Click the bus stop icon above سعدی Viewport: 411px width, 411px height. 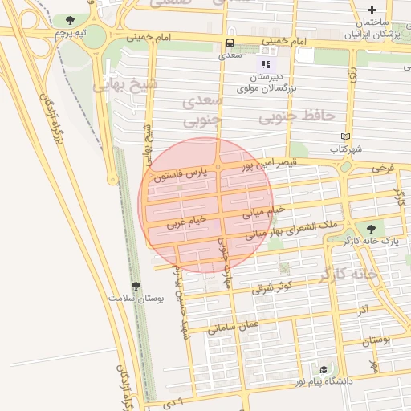coord(230,43)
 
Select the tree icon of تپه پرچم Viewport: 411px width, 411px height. coord(71,20)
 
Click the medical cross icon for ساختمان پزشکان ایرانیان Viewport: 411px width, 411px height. coord(372,9)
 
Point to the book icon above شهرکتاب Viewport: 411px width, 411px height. coord(346,136)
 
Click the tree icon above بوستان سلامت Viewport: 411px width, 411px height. coord(135,286)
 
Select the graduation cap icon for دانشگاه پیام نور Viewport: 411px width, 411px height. coord(324,369)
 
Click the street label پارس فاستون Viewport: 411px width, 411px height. coord(185,173)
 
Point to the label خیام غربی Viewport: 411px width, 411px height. coord(186,222)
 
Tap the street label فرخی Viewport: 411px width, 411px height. coord(383,169)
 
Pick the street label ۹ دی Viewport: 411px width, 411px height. coord(176,398)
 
